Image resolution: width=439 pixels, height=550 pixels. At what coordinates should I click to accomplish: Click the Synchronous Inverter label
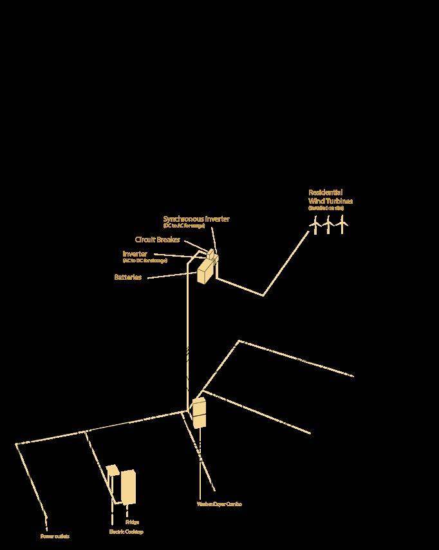tap(196, 219)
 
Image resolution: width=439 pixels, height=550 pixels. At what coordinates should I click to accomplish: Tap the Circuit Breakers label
tap(157, 240)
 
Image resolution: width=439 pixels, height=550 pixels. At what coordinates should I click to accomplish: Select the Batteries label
tap(128, 277)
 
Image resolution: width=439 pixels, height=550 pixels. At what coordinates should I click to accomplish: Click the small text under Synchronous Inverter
tap(184, 226)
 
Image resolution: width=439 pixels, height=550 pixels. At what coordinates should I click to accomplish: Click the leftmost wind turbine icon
tap(315, 224)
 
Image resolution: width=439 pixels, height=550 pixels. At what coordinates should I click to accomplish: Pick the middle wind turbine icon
tap(328, 224)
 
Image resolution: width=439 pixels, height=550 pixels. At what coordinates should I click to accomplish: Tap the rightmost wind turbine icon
tap(342, 224)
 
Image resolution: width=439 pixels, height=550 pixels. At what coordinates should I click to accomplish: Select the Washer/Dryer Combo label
tap(219, 504)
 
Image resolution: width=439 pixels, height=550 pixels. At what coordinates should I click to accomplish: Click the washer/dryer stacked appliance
tap(200, 413)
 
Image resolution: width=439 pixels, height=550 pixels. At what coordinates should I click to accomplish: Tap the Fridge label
tap(132, 522)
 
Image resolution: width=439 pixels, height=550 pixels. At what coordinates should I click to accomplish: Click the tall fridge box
tap(128, 487)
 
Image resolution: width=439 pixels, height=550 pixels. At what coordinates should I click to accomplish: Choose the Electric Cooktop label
tap(126, 532)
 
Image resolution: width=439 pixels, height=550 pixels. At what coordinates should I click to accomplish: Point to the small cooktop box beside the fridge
tap(113, 470)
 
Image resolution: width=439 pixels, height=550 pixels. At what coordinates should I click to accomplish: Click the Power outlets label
tap(55, 536)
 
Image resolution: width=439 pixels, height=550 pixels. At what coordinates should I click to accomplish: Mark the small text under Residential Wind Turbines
tap(326, 208)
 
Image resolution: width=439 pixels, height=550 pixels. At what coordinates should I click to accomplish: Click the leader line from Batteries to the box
tap(171, 276)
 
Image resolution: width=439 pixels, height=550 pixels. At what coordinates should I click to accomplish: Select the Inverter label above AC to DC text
tap(135, 254)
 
